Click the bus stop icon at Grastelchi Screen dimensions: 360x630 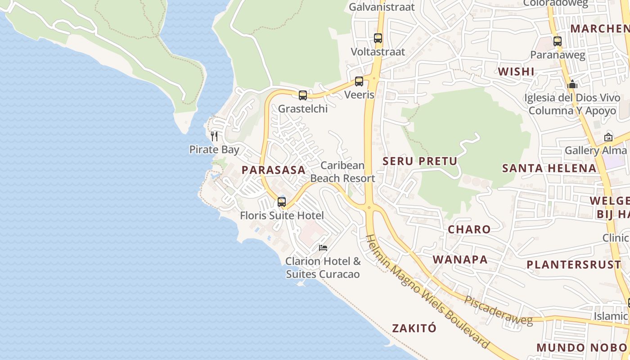[x=303, y=95]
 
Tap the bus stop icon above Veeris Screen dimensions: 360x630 [x=359, y=81]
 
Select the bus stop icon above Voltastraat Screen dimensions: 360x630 [x=378, y=38]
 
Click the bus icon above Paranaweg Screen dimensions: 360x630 [x=558, y=41]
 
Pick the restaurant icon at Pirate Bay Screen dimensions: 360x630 [x=214, y=136]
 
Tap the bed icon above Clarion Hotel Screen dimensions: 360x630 [x=323, y=247]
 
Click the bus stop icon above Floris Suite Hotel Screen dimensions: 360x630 [x=282, y=202]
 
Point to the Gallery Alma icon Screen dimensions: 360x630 [x=608, y=137]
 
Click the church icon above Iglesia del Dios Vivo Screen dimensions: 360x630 [x=572, y=84]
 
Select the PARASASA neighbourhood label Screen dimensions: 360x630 [x=274, y=170]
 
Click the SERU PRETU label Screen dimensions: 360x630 [x=420, y=161]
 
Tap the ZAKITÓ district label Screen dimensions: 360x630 [x=414, y=328]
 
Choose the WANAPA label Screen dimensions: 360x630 [x=460, y=260]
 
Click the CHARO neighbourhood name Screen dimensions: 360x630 [x=469, y=229]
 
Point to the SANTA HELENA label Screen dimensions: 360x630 [x=549, y=168]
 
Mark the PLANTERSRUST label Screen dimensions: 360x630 [x=574, y=265]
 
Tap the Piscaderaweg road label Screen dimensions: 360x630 [x=499, y=311]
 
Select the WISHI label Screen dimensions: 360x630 [x=516, y=72]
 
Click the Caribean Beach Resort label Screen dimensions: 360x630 [x=343, y=172]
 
